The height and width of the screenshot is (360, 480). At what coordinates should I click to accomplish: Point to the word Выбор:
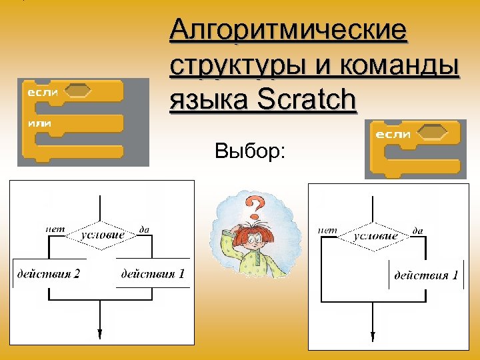pos(250,153)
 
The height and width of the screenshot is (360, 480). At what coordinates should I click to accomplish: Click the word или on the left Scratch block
pos(39,123)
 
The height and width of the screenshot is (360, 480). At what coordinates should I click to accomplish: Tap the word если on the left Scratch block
pos(42,93)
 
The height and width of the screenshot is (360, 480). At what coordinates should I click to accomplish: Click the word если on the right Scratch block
pos(393,135)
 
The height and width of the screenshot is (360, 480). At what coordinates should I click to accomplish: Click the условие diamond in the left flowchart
pos(102,234)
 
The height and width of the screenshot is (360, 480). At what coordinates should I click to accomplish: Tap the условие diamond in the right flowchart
pos(375,235)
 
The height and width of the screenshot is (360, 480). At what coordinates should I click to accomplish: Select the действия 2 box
pos(48,273)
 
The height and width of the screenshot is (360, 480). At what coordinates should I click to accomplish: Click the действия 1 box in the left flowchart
pos(153,273)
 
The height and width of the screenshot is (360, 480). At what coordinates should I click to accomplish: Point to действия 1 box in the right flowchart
pos(425,275)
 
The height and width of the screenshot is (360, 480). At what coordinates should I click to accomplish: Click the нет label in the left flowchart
pos(55,229)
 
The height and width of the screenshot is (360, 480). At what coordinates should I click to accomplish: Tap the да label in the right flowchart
pos(418,231)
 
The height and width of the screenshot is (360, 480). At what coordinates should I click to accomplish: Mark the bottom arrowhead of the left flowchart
pos(99,335)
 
